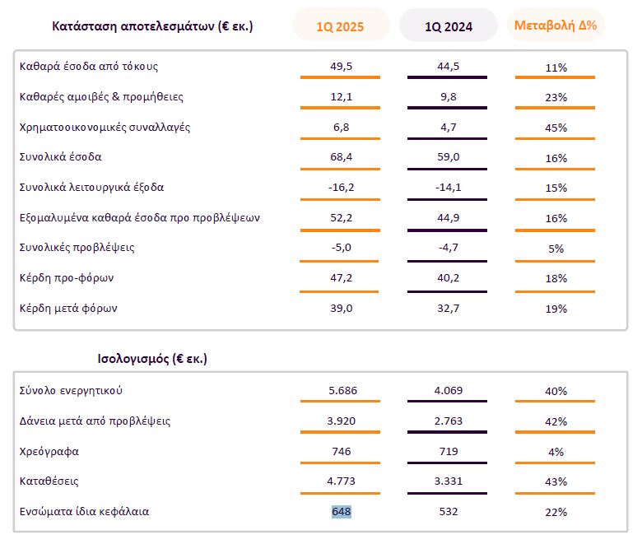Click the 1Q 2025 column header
tap(340, 26)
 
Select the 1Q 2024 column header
tap(448, 26)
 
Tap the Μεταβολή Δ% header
tap(556, 25)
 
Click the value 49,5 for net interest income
tap(340, 67)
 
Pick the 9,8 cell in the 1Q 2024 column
tap(448, 97)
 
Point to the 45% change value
tap(556, 128)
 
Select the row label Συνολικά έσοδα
tap(60, 156)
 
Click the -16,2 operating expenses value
tap(340, 188)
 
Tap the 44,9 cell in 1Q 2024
tap(448, 218)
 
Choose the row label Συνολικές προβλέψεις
tap(77, 248)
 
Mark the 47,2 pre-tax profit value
tap(340, 278)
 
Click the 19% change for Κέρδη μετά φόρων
tap(556, 309)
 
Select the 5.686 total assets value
tap(341, 391)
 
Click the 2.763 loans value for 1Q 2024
tap(448, 421)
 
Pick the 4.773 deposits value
tap(341, 481)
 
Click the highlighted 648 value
tap(341, 512)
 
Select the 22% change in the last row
tap(556, 512)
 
